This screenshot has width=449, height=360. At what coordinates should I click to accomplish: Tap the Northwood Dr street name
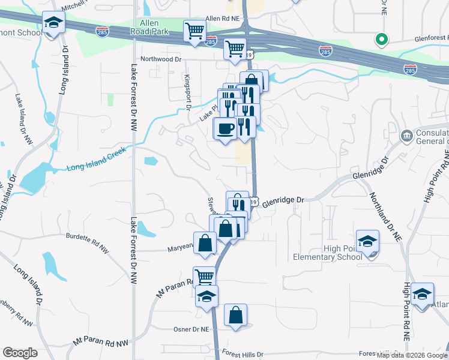tap(160, 59)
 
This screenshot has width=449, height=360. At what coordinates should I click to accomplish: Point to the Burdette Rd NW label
tap(88, 236)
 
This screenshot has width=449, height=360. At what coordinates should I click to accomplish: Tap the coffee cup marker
tap(225, 129)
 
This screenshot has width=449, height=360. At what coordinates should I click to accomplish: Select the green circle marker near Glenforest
tap(381, 40)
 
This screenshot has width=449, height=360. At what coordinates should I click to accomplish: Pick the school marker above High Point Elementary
tap(367, 242)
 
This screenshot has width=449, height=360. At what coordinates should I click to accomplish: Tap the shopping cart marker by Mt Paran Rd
tap(205, 277)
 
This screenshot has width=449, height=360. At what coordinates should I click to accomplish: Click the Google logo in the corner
tap(20, 353)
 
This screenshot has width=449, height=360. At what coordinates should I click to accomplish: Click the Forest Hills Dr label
tap(243, 354)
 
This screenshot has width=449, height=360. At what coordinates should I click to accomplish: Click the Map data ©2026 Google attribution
tap(411, 355)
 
